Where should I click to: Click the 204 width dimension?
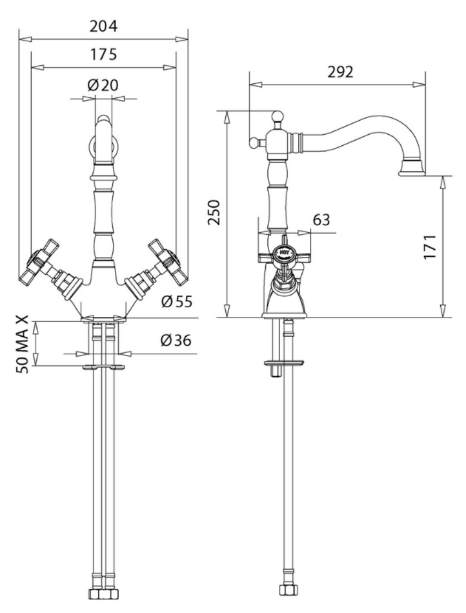coord(103,26)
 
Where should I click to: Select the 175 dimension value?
coord(103,55)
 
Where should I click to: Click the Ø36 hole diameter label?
coord(175,341)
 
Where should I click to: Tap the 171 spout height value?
coord(431,246)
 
